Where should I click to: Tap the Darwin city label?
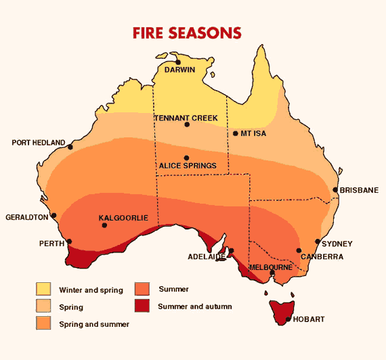pyautogui.click(x=178, y=70)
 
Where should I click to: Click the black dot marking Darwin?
pyautogui.click(x=178, y=62)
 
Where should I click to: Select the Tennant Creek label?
pyautogui.click(x=186, y=118)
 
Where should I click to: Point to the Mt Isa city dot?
pyautogui.click(x=235, y=133)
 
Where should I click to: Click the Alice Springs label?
pyautogui.click(x=187, y=165)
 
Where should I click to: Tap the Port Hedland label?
pyautogui.click(x=39, y=143)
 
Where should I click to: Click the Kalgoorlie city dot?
pyautogui.click(x=104, y=225)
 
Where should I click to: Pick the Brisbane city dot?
pyautogui.click(x=335, y=191)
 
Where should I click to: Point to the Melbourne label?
pyautogui.click(x=271, y=267)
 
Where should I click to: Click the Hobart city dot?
pyautogui.click(x=289, y=319)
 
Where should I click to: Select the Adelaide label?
pyautogui.click(x=207, y=256)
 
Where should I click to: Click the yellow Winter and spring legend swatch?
pyautogui.click(x=43, y=290)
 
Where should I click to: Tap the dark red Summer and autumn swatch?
pyautogui.click(x=142, y=306)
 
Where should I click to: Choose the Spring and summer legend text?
pyautogui.click(x=94, y=324)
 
